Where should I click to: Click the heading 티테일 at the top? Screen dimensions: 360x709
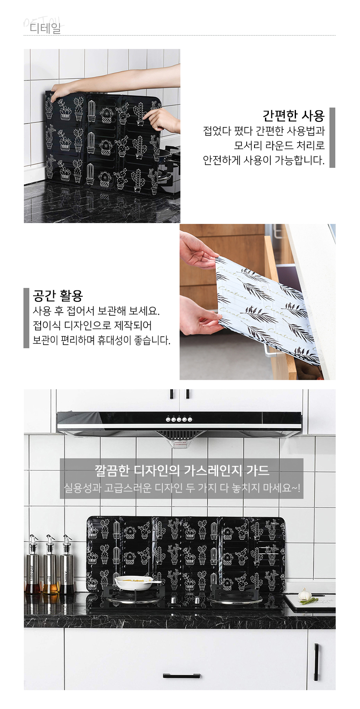[45, 28]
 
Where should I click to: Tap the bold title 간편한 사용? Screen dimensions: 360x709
[293, 116]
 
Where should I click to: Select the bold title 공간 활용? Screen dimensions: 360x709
[58, 295]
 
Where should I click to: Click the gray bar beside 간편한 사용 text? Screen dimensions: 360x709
[332, 138]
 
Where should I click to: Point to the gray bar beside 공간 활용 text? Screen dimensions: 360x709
[26, 318]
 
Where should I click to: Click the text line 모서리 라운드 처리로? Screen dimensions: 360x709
[279, 145]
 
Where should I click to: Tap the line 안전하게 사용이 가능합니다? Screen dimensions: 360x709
[264, 160]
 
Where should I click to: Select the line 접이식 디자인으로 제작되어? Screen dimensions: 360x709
[92, 325]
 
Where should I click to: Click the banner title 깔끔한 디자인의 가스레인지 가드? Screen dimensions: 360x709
[182, 471]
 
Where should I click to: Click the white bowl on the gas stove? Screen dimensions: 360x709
[133, 582]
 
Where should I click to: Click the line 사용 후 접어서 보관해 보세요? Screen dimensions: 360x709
[96, 311]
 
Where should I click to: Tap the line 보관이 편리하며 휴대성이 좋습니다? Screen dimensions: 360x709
[102, 340]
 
